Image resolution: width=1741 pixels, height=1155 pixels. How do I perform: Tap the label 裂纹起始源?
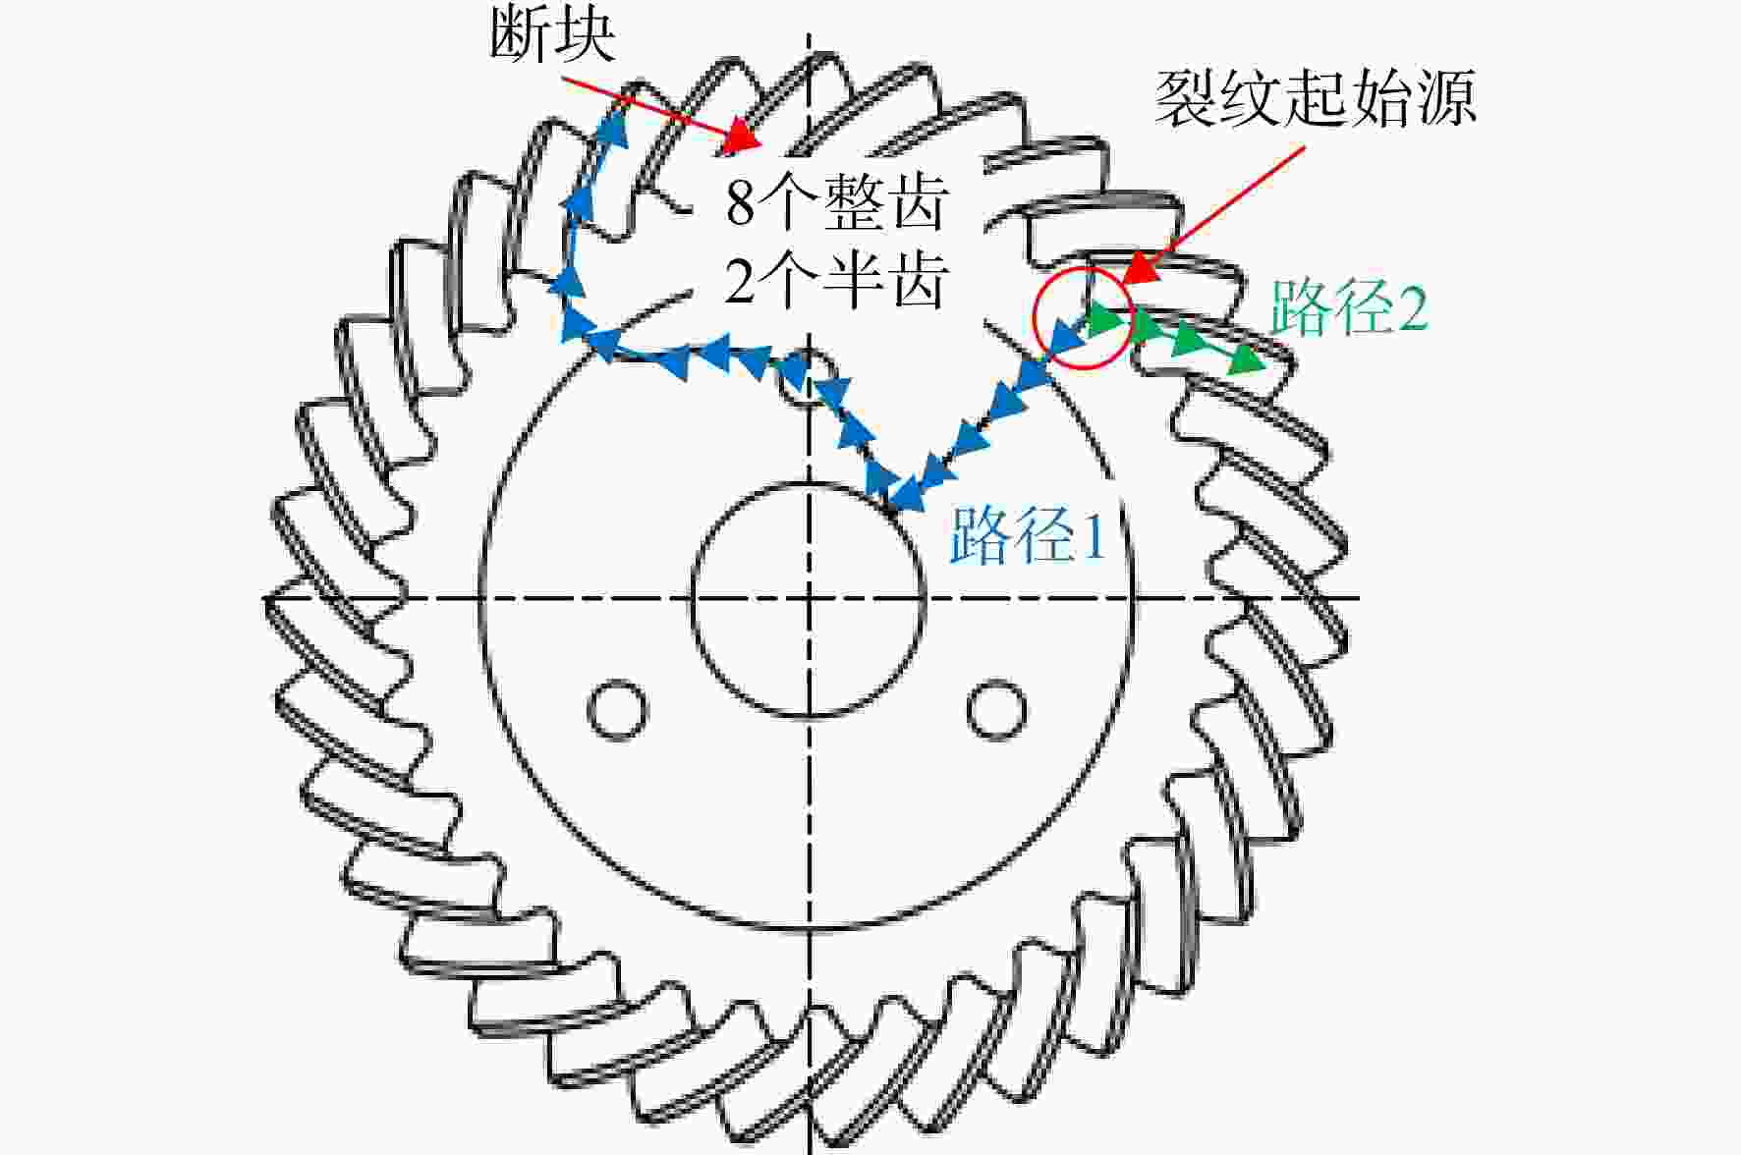tap(1315, 98)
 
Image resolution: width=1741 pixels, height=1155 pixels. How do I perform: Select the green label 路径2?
tap(1349, 308)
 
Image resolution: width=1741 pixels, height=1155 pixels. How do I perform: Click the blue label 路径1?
tap(1029, 535)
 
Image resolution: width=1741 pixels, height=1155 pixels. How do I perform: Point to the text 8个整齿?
tap(836, 202)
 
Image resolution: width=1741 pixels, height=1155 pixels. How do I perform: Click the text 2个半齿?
tap(836, 282)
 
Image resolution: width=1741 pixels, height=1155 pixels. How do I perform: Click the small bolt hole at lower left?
tap(617, 708)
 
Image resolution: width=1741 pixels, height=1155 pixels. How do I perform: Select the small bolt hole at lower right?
tap(997, 708)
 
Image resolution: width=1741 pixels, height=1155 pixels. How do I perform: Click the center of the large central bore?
tap(809, 598)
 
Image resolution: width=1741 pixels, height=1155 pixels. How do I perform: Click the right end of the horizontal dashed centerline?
tap(1359, 597)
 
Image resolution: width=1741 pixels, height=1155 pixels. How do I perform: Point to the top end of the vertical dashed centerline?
tap(809, 31)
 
